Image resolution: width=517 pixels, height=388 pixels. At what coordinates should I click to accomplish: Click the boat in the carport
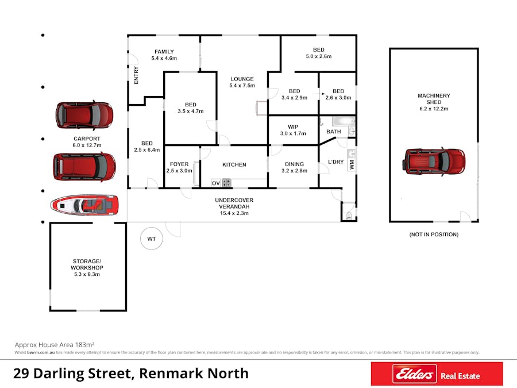(84, 205)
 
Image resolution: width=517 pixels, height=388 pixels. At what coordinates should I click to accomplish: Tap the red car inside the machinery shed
(434, 162)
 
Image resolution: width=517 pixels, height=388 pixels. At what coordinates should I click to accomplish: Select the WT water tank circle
(151, 239)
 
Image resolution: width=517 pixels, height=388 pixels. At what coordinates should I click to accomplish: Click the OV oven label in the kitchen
(215, 183)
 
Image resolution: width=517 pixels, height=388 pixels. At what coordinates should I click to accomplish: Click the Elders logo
(414, 374)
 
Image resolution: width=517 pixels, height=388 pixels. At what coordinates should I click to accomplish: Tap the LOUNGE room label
(242, 79)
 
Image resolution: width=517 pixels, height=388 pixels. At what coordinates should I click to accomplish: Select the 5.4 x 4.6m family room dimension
(164, 58)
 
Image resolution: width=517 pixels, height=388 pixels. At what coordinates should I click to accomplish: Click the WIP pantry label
(293, 126)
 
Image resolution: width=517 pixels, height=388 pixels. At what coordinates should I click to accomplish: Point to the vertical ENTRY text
(136, 75)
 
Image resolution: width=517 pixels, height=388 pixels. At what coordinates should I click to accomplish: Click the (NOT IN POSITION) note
(434, 235)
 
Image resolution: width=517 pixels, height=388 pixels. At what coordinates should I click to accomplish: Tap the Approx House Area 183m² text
(55, 345)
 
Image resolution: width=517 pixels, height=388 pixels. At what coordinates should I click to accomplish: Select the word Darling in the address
(59, 374)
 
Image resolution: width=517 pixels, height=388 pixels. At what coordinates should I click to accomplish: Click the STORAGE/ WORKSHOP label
(87, 264)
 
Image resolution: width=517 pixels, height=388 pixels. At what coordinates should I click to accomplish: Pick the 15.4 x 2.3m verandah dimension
(234, 213)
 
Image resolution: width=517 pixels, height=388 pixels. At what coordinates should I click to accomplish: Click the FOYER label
(179, 164)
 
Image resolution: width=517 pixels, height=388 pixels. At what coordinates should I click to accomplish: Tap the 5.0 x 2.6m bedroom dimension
(319, 56)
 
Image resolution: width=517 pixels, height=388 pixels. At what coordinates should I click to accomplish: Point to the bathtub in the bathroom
(344, 121)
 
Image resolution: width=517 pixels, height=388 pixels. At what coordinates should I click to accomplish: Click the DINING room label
(295, 164)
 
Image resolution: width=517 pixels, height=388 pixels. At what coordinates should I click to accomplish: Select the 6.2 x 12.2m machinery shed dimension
(434, 109)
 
